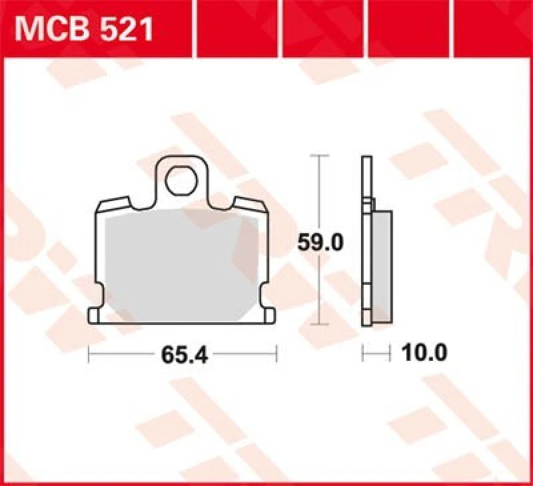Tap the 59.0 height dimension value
[320, 243]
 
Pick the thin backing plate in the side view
[365, 240]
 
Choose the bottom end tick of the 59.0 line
[320, 324]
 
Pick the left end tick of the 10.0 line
[362, 353]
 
